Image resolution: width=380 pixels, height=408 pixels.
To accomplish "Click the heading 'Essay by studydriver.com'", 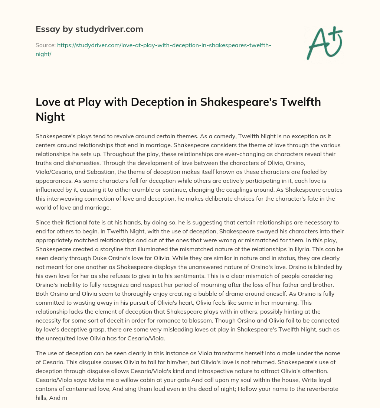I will pos(89,29).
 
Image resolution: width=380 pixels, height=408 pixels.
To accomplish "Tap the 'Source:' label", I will pos(45,45).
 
